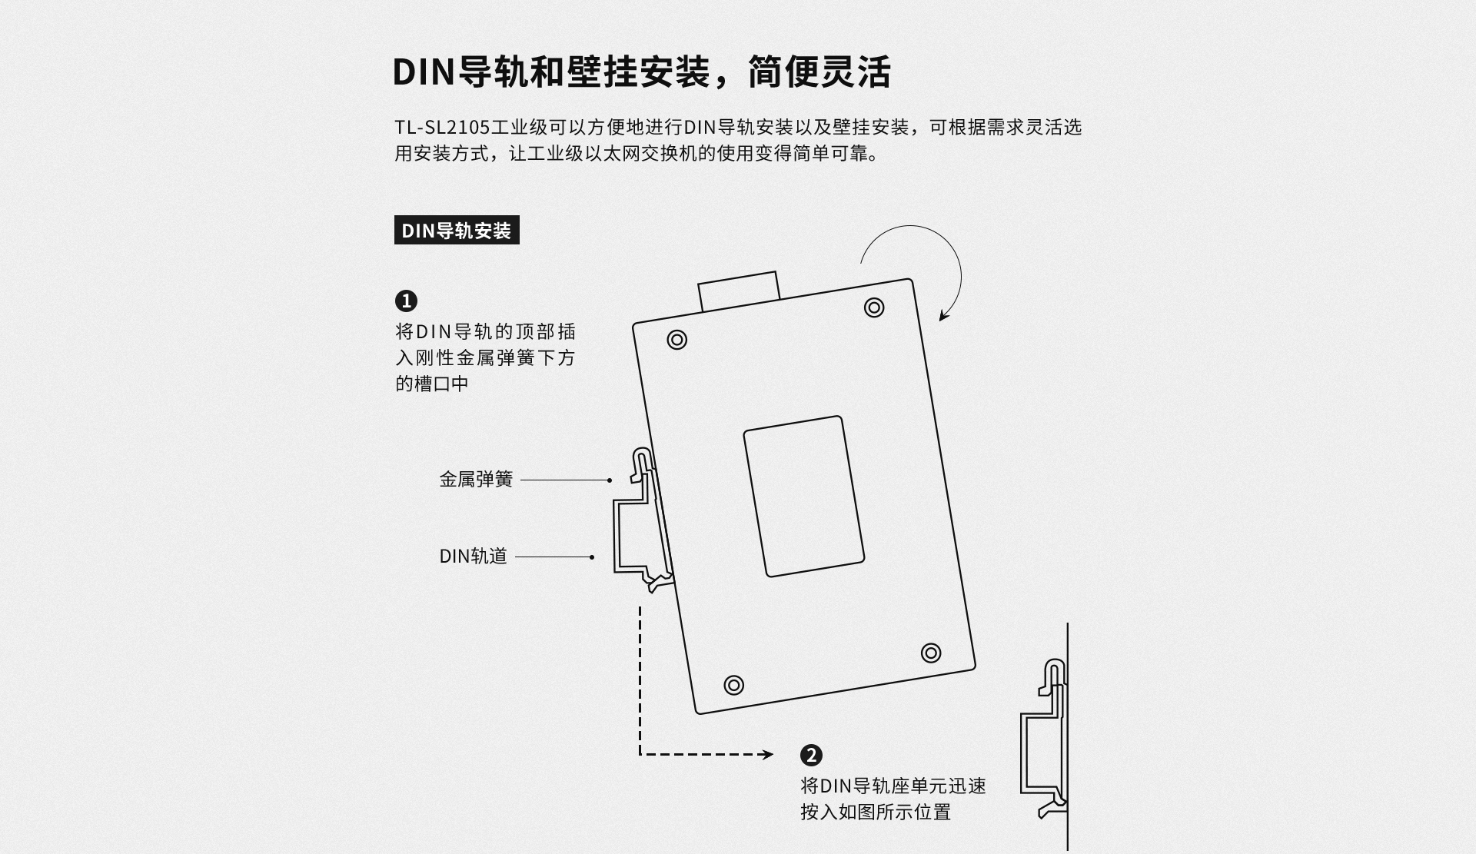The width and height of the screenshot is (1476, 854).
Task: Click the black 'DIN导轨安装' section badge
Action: [457, 230]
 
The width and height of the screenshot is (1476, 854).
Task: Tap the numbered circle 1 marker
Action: [406, 301]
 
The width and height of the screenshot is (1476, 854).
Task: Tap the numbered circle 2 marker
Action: [811, 755]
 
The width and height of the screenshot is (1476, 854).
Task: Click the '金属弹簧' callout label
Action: [476, 480]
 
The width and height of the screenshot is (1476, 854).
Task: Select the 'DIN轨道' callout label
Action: [473, 557]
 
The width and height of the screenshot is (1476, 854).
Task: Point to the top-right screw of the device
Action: [874, 307]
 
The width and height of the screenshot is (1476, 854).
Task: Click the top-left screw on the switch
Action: [677, 340]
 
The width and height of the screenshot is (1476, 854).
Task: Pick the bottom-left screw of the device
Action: [734, 685]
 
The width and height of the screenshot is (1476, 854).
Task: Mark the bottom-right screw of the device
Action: [931, 653]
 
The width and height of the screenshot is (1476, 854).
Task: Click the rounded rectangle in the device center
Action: [804, 497]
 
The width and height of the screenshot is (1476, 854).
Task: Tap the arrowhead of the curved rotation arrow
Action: [945, 314]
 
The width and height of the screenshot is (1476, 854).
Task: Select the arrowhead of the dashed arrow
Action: [766, 755]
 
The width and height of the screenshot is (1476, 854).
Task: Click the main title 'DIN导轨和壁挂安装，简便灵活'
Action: [642, 71]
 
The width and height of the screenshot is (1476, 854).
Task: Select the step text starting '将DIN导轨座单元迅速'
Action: [893, 799]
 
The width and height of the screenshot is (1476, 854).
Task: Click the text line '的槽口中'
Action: [432, 384]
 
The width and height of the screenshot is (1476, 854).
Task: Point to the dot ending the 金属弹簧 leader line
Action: [610, 480]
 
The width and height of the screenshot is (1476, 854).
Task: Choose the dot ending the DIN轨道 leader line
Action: [591, 557]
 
